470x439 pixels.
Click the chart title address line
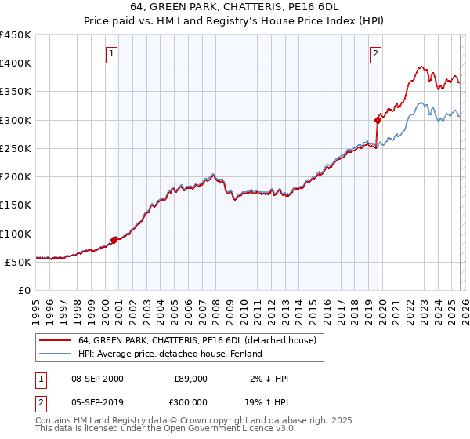pos(235,8)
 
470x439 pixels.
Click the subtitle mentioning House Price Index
pos(235,22)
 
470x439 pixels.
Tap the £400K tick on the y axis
pos(15,63)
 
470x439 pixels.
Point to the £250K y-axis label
pos(15,148)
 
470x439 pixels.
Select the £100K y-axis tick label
pos(15,234)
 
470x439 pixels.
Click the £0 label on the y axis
pos(23,290)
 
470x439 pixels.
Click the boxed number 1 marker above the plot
pos(112,54)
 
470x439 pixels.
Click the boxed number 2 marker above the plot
pos(376,54)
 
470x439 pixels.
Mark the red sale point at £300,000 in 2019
pos(378,120)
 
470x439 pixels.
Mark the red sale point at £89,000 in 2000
pos(114,240)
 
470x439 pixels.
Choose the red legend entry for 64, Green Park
pos(197,341)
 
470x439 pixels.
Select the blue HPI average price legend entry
pos(169,354)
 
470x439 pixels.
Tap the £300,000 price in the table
pos(191,401)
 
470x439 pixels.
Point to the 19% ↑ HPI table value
pos(266,401)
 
